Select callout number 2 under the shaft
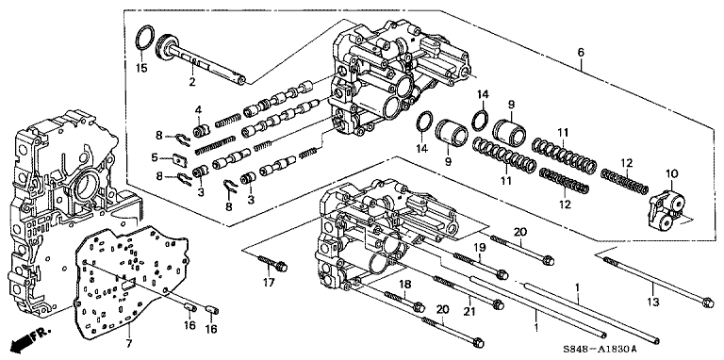192,82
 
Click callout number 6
580,52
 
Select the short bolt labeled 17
273,264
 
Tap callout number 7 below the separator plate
129,343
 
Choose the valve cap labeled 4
200,131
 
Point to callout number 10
672,174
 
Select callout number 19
480,247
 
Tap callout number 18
404,285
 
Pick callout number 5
155,157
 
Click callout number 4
198,110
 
